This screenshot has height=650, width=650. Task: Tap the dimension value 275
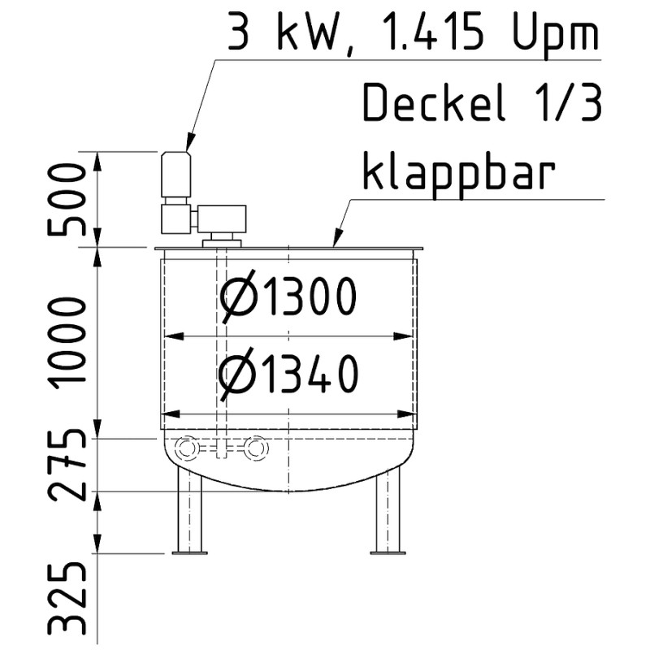(67, 465)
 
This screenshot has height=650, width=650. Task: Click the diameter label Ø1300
(288, 298)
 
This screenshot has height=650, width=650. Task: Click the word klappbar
(459, 172)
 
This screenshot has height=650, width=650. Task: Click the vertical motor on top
(175, 175)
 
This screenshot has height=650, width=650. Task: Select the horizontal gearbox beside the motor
(221, 218)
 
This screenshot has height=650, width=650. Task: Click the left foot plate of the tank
(189, 553)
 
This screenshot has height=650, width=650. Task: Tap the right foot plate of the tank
(388, 553)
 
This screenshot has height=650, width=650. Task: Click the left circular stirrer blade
(186, 448)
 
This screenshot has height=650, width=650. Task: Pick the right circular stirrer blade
(256, 448)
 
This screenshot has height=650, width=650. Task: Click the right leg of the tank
(388, 512)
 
